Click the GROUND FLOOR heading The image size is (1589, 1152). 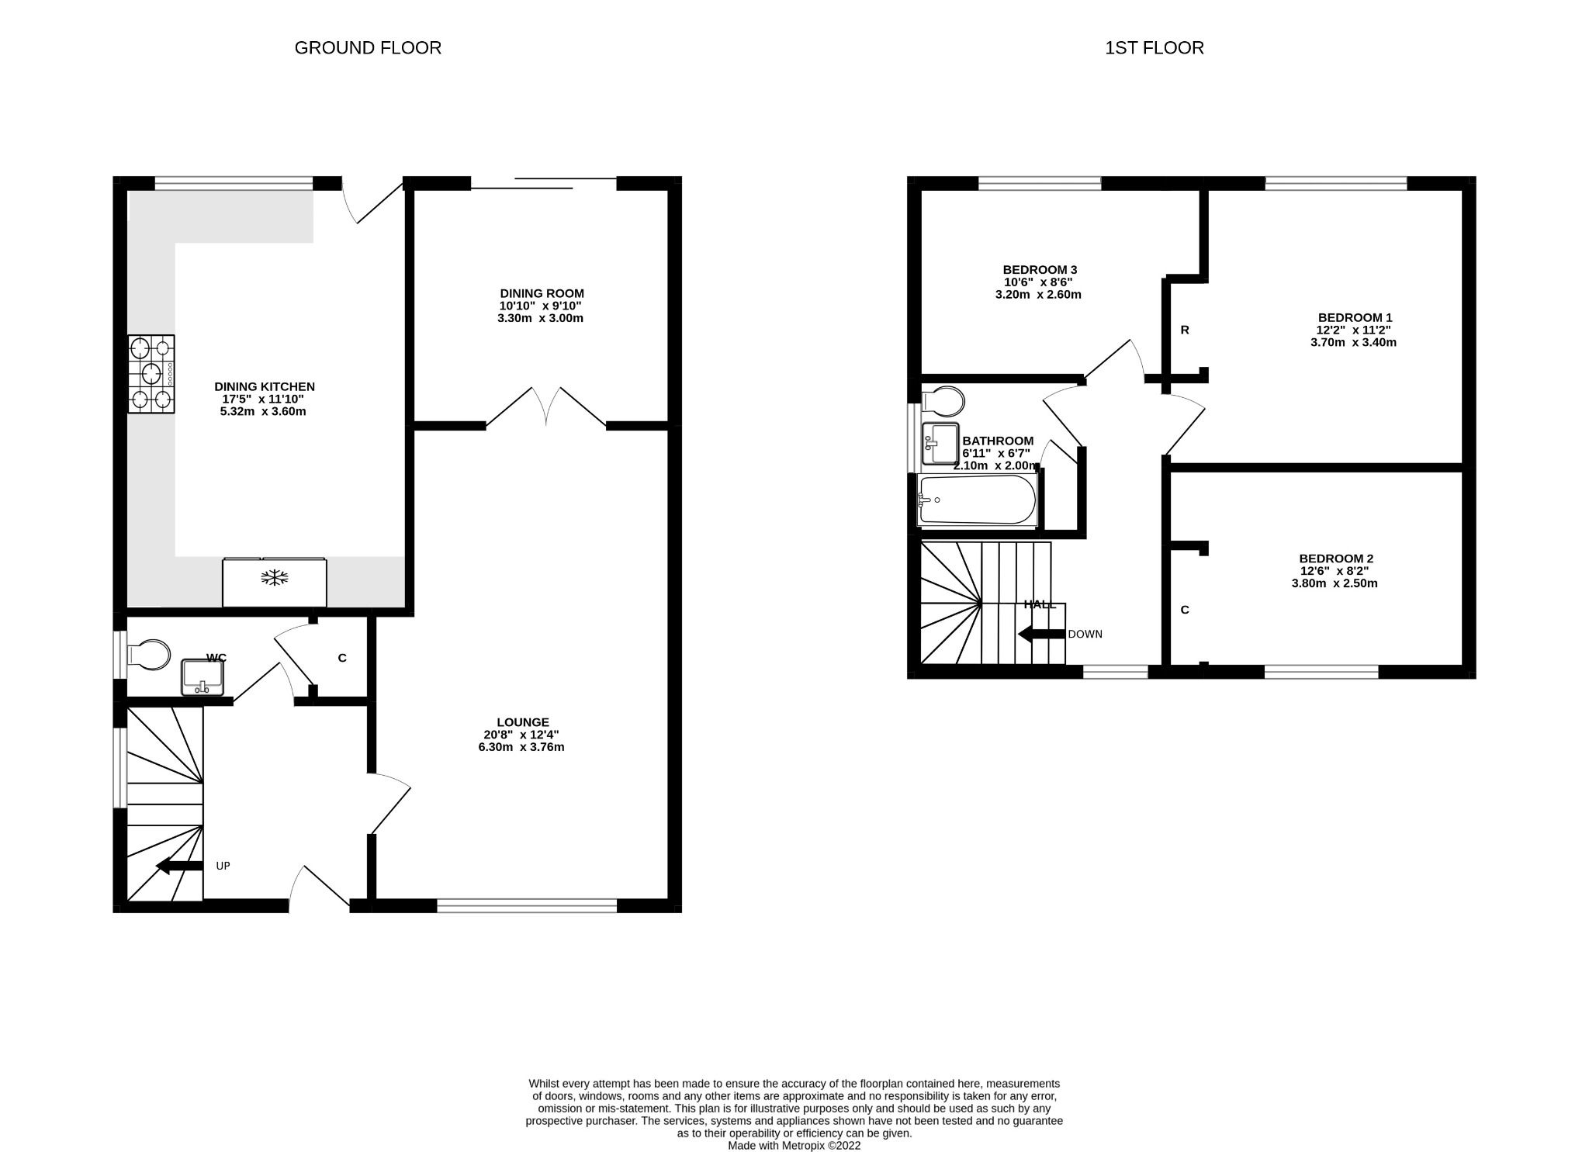pyautogui.click(x=368, y=48)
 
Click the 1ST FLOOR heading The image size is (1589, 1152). pyautogui.click(x=1154, y=48)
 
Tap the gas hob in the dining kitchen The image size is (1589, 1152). pyautogui.click(x=151, y=373)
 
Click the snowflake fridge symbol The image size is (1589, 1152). pyautogui.click(x=275, y=577)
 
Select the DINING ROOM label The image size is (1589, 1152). pyautogui.click(x=542, y=293)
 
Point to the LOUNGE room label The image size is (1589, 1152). pyautogui.click(x=523, y=722)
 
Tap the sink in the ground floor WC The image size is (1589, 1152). pyautogui.click(x=203, y=677)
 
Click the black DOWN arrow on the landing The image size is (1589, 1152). pyautogui.click(x=1040, y=634)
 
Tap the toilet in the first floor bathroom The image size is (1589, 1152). pyautogui.click(x=945, y=401)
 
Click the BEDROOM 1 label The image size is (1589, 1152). pyautogui.click(x=1355, y=317)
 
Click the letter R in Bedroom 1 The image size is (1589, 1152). pyautogui.click(x=1185, y=330)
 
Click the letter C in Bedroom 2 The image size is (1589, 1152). pyautogui.click(x=1185, y=611)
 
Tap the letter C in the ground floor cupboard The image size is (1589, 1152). pyautogui.click(x=342, y=659)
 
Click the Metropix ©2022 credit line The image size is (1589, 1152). pyautogui.click(x=794, y=1145)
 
